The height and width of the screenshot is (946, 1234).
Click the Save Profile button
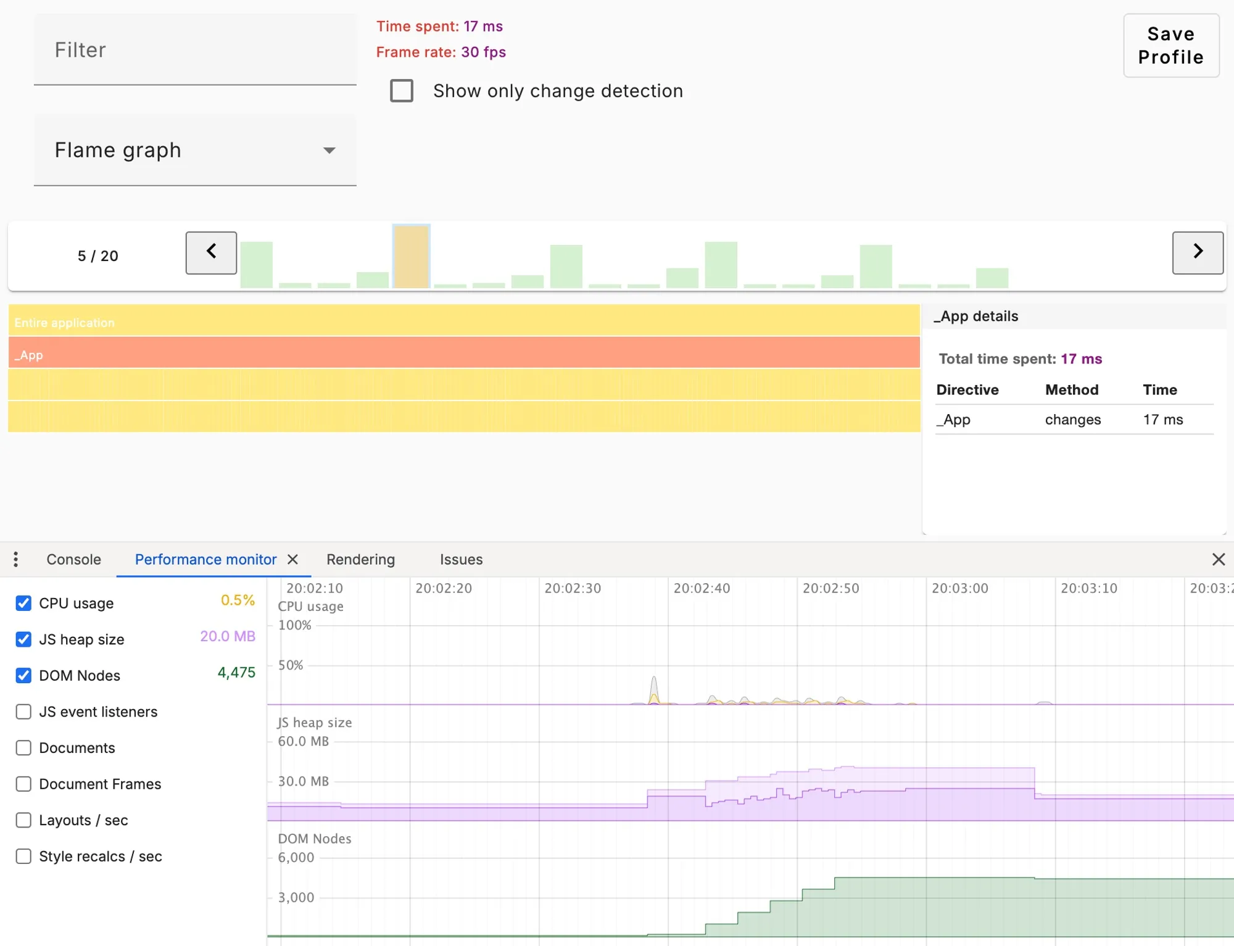(1170, 46)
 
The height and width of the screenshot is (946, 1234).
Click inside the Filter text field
(195, 50)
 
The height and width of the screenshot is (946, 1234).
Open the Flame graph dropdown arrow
(329, 151)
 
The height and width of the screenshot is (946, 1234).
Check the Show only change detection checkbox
(402, 91)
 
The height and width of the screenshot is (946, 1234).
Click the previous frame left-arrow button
(211, 252)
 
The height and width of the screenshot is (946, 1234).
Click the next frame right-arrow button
(1197, 252)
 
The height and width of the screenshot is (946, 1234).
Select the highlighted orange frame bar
(412, 256)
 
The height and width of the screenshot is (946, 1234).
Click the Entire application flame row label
(65, 323)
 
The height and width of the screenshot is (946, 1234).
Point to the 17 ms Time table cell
(1162, 420)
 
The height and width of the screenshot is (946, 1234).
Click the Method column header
(1071, 390)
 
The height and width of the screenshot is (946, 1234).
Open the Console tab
(73, 560)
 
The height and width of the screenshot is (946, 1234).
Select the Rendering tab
(360, 560)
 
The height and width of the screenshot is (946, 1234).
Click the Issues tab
(461, 560)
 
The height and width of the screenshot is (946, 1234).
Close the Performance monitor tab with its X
(293, 560)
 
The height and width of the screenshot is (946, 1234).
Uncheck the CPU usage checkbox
(23, 603)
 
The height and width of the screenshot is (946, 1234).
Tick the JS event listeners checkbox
(23, 712)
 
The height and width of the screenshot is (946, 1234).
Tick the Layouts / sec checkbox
(23, 820)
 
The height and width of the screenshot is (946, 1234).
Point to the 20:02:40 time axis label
(702, 588)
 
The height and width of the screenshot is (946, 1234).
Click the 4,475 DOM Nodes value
(236, 673)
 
